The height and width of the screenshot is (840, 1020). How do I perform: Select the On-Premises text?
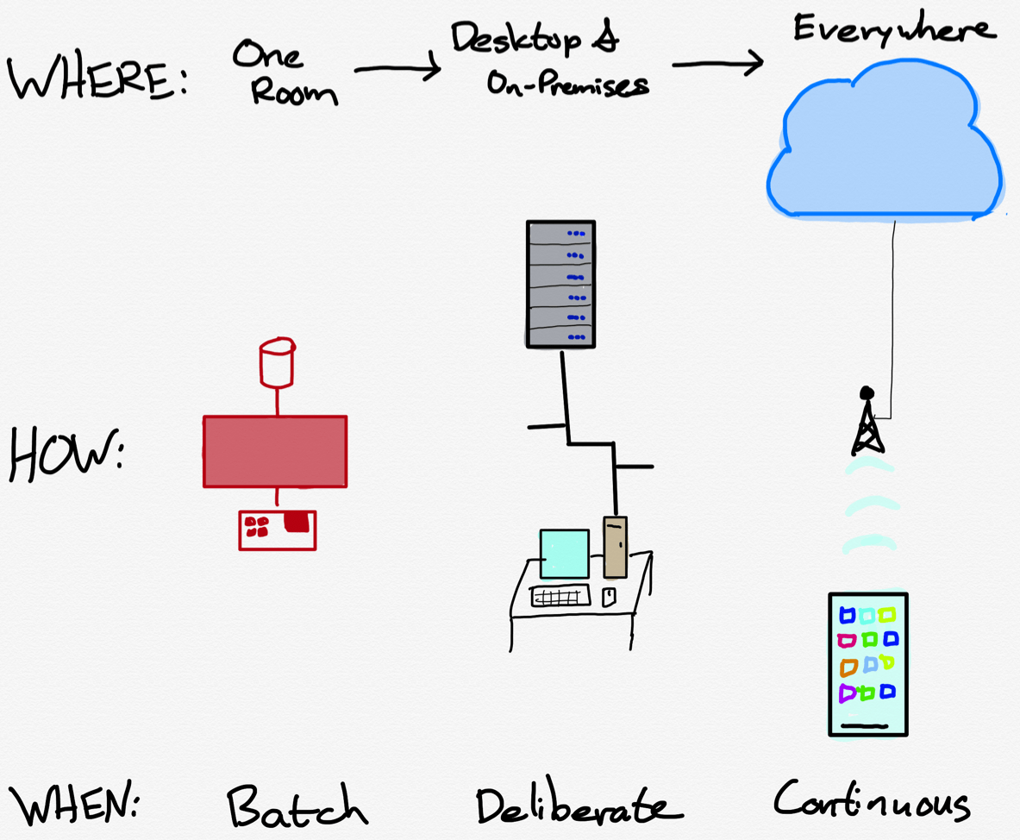[566, 84]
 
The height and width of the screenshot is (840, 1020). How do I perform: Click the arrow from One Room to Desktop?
[397, 70]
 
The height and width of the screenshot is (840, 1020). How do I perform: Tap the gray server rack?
[560, 284]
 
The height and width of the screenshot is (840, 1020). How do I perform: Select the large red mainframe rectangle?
[275, 451]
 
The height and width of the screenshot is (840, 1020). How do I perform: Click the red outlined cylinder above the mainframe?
[277, 361]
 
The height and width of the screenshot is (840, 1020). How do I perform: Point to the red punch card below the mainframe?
[277, 529]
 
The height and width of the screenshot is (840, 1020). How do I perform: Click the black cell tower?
[867, 424]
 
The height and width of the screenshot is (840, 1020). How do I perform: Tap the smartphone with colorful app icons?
[867, 663]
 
